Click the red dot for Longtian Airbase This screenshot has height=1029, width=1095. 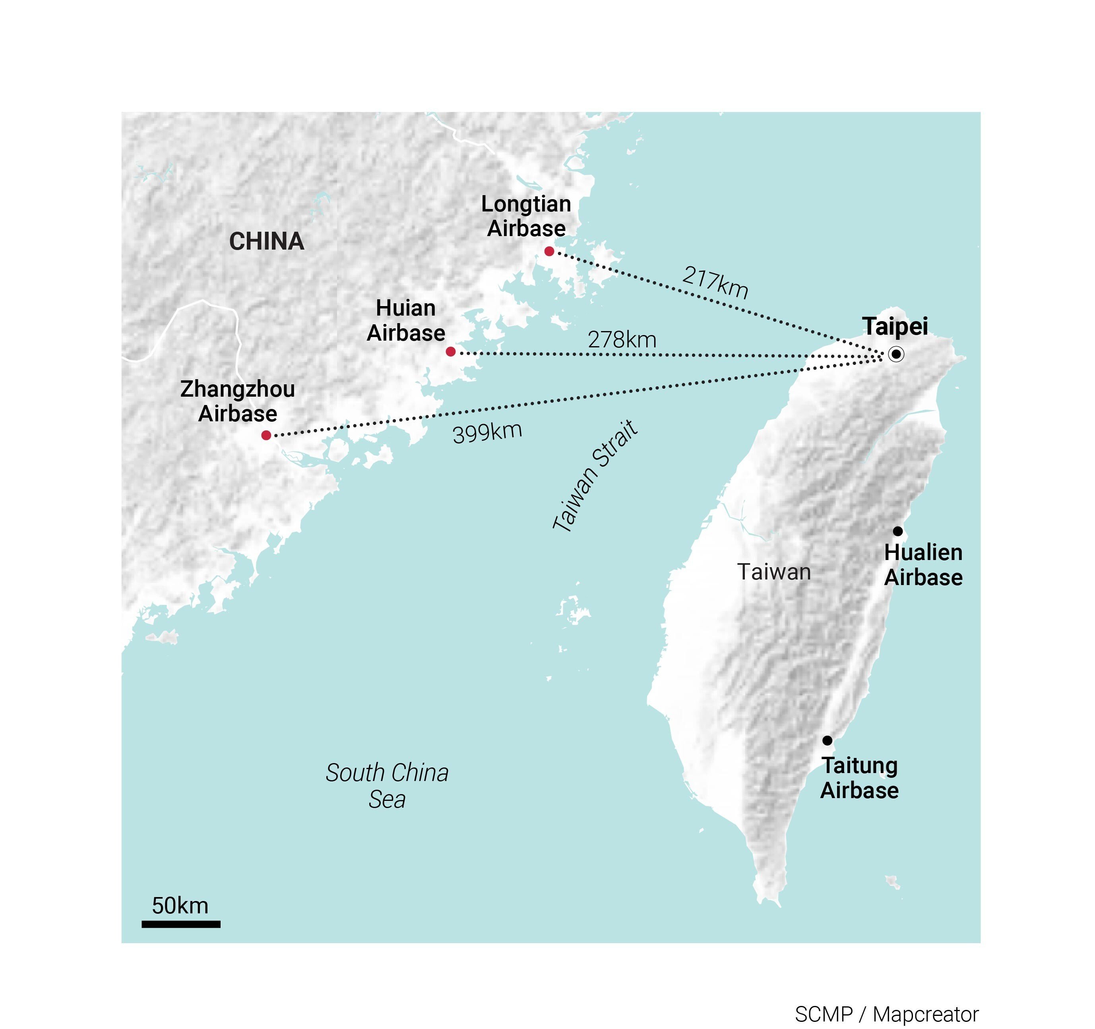(549, 251)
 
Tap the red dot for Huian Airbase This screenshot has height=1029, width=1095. (451, 351)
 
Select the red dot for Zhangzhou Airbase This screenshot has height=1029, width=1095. (266, 435)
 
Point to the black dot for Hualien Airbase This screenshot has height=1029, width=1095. (898, 531)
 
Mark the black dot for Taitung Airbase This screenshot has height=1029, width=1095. (827, 740)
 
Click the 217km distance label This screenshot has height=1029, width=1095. (715, 282)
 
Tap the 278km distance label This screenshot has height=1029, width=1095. (622, 340)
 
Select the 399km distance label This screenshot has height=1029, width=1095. (487, 432)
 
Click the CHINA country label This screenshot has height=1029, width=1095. (267, 241)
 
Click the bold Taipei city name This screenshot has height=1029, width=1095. (895, 326)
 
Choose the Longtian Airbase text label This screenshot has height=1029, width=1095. (526, 216)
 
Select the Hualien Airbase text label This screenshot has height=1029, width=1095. (923, 565)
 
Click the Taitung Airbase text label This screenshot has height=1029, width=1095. (859, 778)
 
